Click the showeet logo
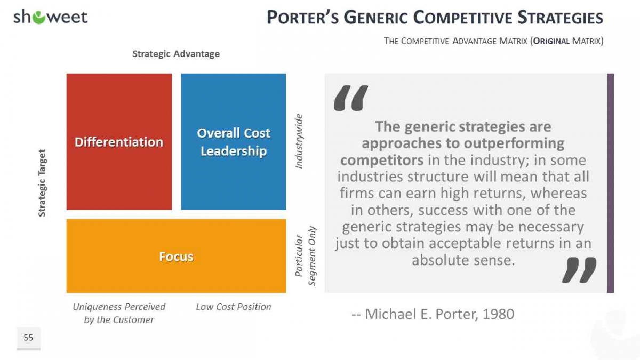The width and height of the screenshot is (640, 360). [x=50, y=17]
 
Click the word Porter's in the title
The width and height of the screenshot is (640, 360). [x=303, y=18]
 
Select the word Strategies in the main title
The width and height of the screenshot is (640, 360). [x=561, y=18]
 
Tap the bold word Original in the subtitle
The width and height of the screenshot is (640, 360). [x=551, y=41]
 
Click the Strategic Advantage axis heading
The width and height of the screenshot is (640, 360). [x=176, y=54]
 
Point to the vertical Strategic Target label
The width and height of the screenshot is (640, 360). [x=42, y=183]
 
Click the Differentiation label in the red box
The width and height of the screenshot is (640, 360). [x=119, y=142]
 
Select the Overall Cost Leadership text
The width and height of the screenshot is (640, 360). [x=234, y=142]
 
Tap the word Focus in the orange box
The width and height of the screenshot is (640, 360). [x=177, y=257]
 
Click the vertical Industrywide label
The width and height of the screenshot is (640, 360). [x=299, y=141]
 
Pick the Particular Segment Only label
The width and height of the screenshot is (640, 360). [x=305, y=256]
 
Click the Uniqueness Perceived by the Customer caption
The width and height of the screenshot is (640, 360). [x=119, y=313]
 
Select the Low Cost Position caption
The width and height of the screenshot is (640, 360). [x=234, y=307]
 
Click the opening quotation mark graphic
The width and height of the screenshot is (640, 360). [x=351, y=98]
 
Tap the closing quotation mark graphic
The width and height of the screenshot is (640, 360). [x=579, y=270]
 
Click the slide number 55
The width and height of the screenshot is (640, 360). [x=28, y=338]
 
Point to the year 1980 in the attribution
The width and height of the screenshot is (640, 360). [x=498, y=314]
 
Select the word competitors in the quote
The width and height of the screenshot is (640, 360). [x=382, y=161]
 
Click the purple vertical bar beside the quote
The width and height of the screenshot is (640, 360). [x=610, y=183]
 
